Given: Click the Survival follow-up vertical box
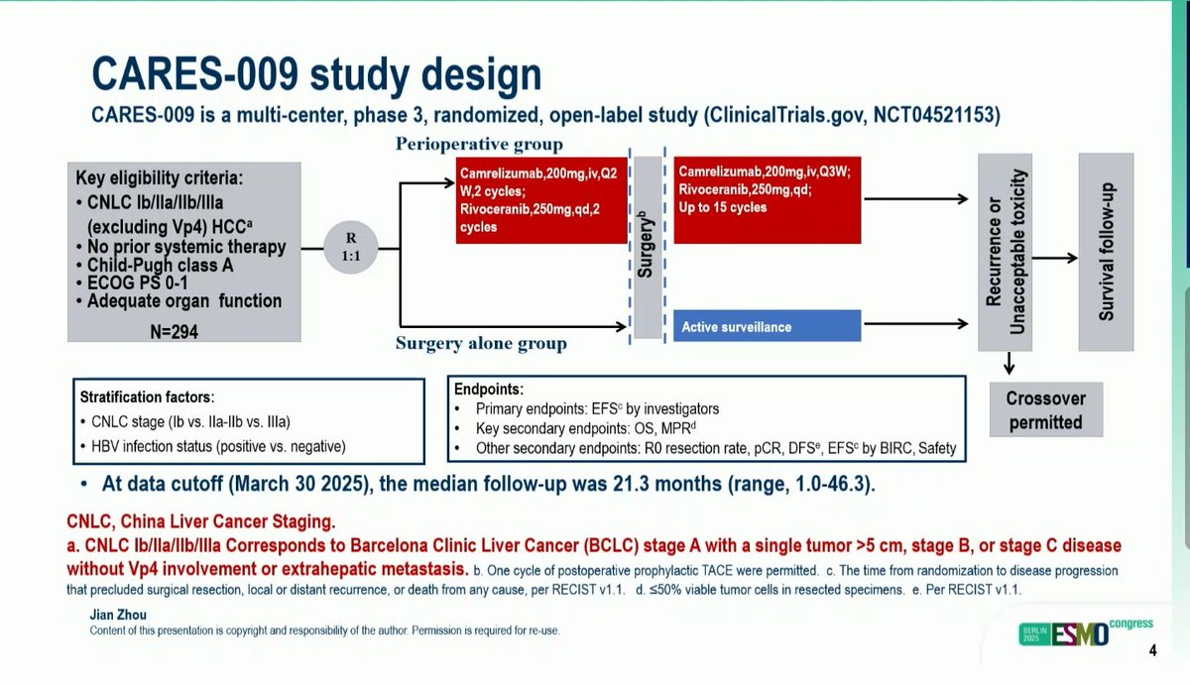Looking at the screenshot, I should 1107,252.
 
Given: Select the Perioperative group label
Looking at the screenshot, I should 479,145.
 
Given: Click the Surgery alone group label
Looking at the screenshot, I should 481,344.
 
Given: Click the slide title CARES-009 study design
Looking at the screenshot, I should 317,75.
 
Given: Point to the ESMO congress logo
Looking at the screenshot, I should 1083,633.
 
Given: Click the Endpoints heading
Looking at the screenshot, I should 488,390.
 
